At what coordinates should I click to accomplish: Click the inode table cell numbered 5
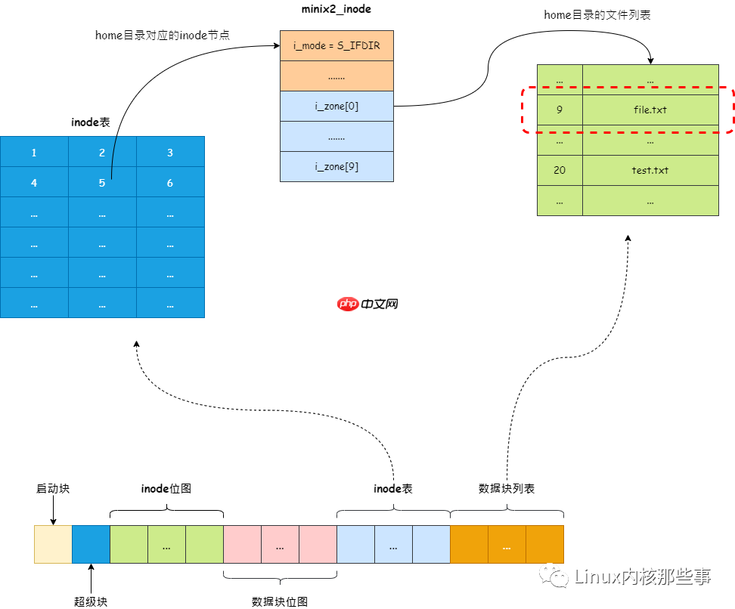102,183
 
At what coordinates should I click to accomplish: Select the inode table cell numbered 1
34,153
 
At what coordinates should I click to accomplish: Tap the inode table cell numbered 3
170,153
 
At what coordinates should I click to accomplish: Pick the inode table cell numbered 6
170,183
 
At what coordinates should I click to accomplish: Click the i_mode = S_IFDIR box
336,45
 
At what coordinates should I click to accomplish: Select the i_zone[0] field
336,106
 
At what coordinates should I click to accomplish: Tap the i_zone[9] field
336,166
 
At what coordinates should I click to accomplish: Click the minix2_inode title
336,9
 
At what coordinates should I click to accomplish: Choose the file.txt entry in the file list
650,110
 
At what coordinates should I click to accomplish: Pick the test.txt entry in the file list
650,170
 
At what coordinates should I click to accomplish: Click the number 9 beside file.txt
560,110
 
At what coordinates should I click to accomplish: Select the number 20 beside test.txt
560,170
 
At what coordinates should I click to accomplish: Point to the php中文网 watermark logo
367,304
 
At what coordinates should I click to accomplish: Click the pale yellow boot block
53,544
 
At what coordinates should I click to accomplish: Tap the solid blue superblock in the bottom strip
91,544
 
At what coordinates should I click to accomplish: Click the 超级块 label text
91,601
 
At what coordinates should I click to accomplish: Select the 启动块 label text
53,489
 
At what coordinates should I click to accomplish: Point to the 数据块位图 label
280,601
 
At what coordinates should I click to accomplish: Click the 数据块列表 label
507,489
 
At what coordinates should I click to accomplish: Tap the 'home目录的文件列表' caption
597,15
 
